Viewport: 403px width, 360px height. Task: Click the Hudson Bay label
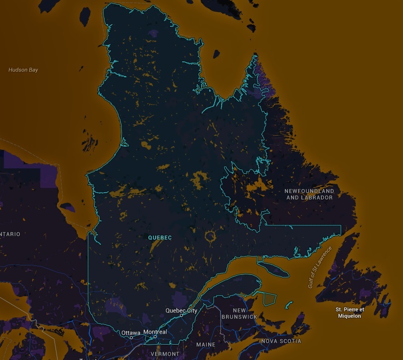point(23,70)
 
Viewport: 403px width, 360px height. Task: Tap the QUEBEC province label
point(160,238)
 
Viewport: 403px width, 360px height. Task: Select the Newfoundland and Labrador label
point(309,194)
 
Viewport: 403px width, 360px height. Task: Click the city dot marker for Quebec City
point(181,315)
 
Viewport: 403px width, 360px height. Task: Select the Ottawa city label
point(131,332)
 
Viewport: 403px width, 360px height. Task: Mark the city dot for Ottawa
point(131,337)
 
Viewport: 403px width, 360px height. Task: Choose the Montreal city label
point(155,332)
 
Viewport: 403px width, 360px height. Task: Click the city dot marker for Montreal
point(155,337)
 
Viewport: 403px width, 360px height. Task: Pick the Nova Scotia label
point(281,341)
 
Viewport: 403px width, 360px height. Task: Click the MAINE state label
point(206,344)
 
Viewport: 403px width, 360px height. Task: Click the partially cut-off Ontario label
point(10,234)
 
